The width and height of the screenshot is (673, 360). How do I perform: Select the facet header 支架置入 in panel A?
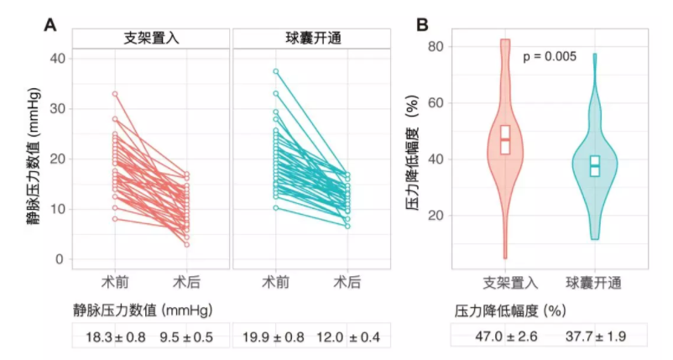tap(150, 39)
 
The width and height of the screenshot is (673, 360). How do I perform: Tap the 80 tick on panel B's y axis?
tap(436, 46)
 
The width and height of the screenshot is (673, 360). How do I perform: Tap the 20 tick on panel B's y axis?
tap(436, 216)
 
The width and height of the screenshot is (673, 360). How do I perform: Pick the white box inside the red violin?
tap(505, 139)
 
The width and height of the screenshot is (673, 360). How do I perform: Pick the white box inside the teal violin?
tap(595, 165)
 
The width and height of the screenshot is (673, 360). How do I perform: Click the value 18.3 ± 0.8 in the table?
tap(112, 337)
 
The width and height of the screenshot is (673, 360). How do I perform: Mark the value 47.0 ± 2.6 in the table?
tap(503, 337)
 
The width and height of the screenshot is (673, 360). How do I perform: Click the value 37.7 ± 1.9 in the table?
tap(594, 337)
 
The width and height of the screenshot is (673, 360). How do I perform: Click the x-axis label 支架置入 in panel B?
tap(505, 283)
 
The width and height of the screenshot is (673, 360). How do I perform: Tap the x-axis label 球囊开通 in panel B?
tap(594, 283)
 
